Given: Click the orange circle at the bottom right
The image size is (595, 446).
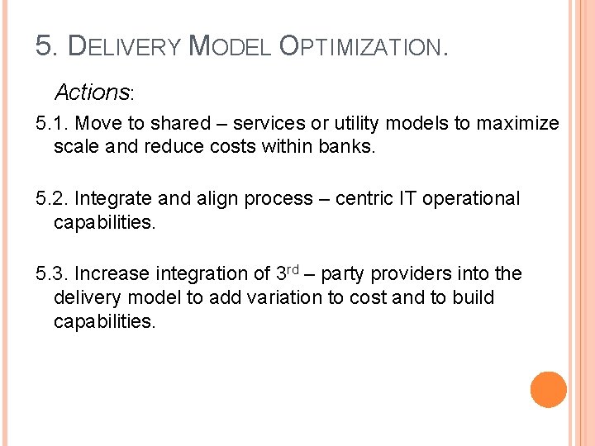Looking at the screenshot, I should (549, 390).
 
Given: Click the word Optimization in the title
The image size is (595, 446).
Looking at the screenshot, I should (364, 47).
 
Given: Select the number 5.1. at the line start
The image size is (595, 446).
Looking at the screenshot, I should (52, 124).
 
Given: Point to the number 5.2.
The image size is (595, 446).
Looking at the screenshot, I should (52, 199).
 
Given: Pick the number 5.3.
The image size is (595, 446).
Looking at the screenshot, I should (52, 274).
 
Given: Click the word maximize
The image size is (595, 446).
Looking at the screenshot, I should (517, 124).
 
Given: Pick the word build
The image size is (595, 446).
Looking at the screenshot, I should (473, 297).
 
